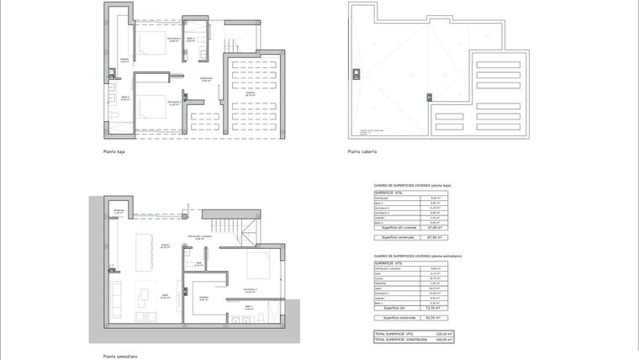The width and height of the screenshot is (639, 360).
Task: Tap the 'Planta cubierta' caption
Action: click(x=362, y=152)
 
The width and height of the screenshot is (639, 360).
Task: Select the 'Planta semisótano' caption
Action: click(x=120, y=356)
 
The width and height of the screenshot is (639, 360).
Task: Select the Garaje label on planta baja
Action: click(x=251, y=93)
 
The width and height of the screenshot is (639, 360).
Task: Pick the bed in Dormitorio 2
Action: click(x=152, y=109)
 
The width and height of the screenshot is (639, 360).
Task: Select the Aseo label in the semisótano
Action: click(x=198, y=264)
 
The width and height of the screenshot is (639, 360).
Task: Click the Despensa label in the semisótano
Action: click(x=119, y=212)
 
